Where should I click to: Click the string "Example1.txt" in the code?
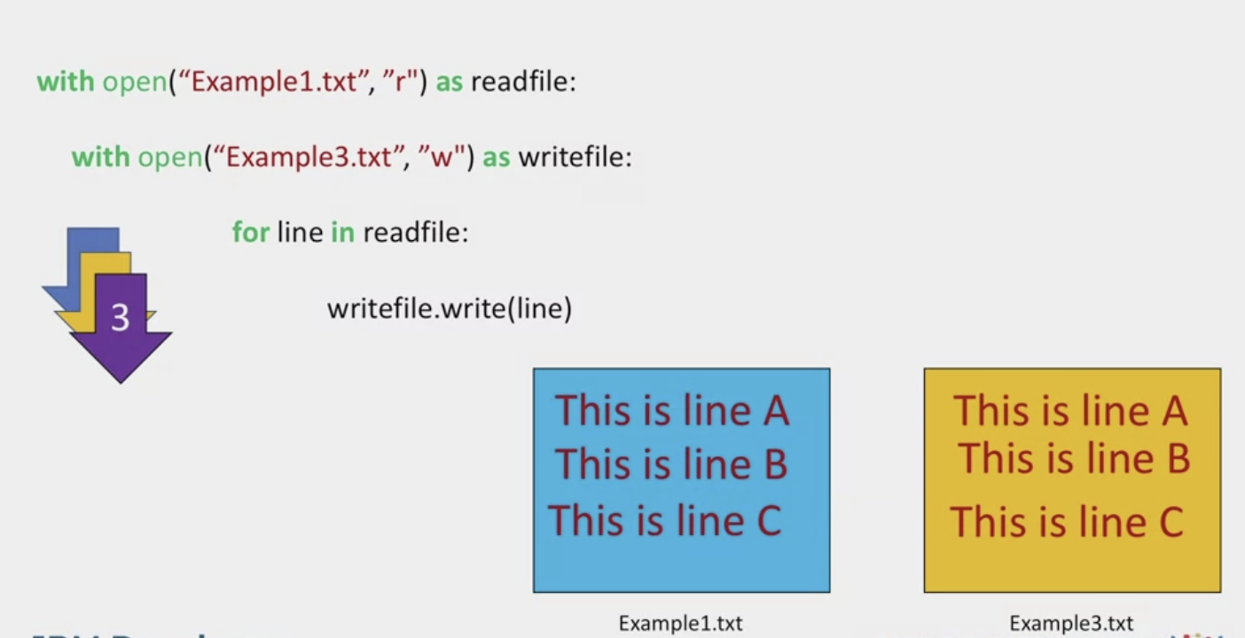coord(274,82)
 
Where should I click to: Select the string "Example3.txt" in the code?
coord(309,158)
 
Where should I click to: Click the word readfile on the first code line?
coord(523,82)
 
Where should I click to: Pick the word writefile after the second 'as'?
coord(575,158)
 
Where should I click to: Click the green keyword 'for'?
coord(250,233)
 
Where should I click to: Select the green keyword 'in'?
coord(342,233)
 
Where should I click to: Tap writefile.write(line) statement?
coord(450,308)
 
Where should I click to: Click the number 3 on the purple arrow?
coord(120,317)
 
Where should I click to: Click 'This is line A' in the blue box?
coord(671,410)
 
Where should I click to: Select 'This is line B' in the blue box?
coord(671,464)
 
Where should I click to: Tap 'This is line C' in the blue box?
coord(664,520)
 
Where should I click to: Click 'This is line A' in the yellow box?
coord(1069,411)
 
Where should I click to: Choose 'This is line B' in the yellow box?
coord(1073,459)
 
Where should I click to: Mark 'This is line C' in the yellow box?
coord(1067,522)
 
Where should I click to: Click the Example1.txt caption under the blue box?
coord(680,624)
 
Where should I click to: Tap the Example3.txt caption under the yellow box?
coord(1070,624)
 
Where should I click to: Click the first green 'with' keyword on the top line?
coord(65,82)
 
